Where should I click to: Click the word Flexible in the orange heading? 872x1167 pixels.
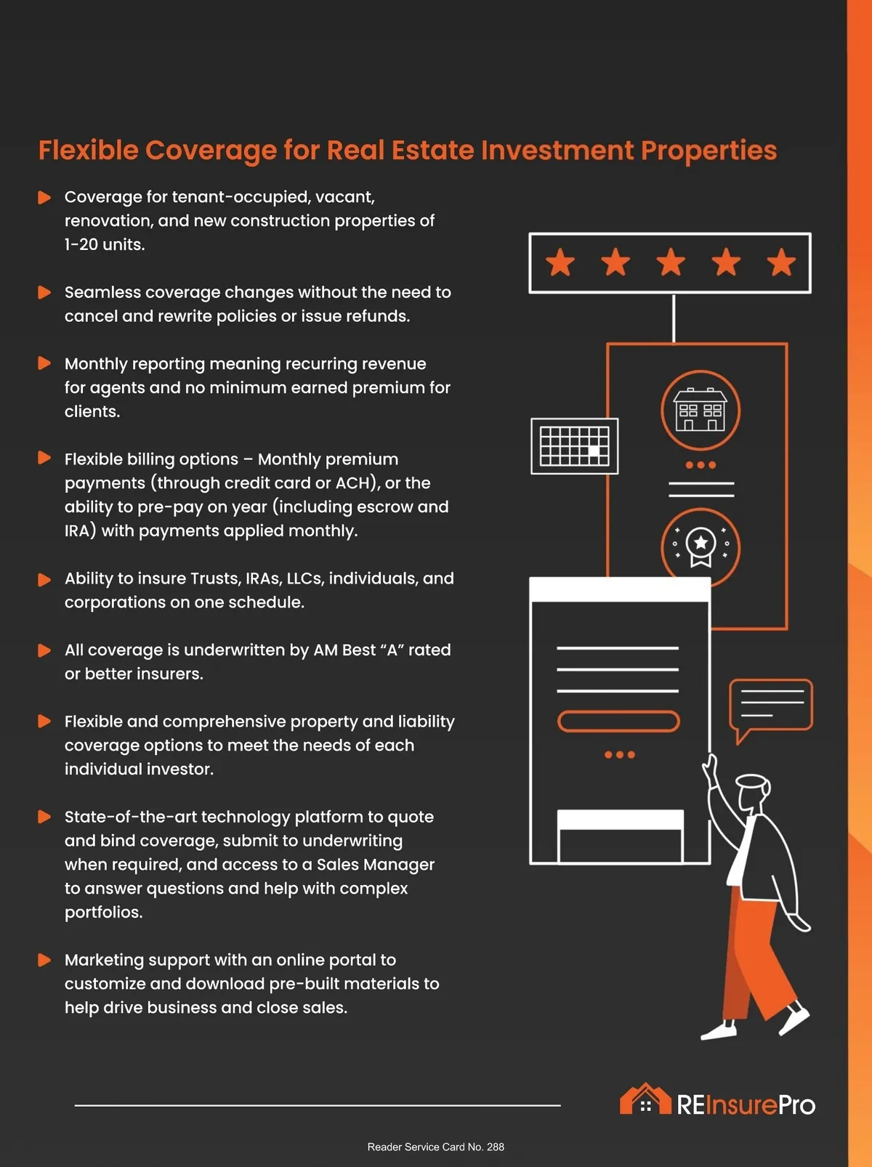(x=88, y=150)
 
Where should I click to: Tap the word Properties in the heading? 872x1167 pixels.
(x=708, y=151)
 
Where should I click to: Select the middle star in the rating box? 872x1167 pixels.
(x=671, y=262)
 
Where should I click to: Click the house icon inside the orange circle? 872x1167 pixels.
(x=701, y=409)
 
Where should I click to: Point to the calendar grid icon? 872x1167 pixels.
(x=574, y=445)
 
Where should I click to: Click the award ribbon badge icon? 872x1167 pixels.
(x=701, y=546)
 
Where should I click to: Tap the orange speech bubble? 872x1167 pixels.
(x=771, y=707)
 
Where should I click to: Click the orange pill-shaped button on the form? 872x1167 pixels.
(x=618, y=722)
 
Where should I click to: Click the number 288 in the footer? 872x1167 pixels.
(x=495, y=1147)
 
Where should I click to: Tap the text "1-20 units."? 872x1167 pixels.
(x=105, y=245)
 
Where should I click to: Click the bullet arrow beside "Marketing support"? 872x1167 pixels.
(x=44, y=960)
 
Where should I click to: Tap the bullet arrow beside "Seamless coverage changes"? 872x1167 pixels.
(x=44, y=292)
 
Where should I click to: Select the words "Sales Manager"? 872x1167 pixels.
(x=376, y=865)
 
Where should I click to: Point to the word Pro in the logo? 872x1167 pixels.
(x=797, y=1105)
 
